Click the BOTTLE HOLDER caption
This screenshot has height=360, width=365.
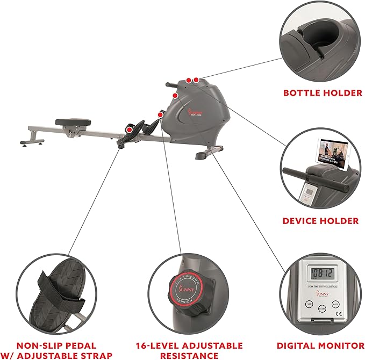[323, 93]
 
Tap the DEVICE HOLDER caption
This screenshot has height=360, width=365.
[321, 221]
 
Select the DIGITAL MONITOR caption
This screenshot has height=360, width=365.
[321, 345]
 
